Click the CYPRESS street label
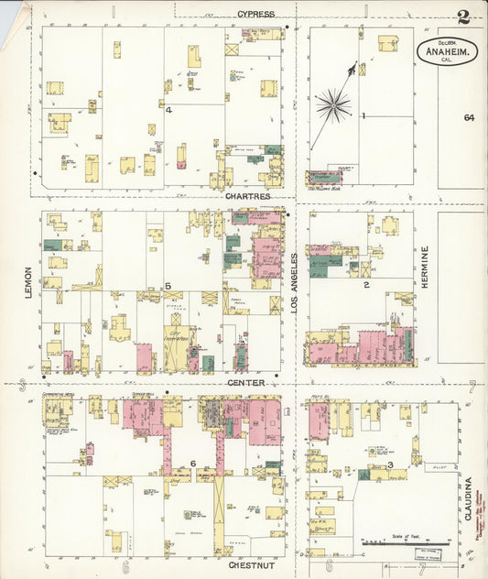coord(255,14)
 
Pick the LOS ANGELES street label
coord(295,285)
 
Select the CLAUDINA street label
coord(468,498)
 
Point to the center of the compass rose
coord(332,104)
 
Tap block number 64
coord(469,118)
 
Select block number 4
coord(169,110)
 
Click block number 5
coord(168,287)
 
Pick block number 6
coord(193,463)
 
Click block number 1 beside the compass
coord(363,115)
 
